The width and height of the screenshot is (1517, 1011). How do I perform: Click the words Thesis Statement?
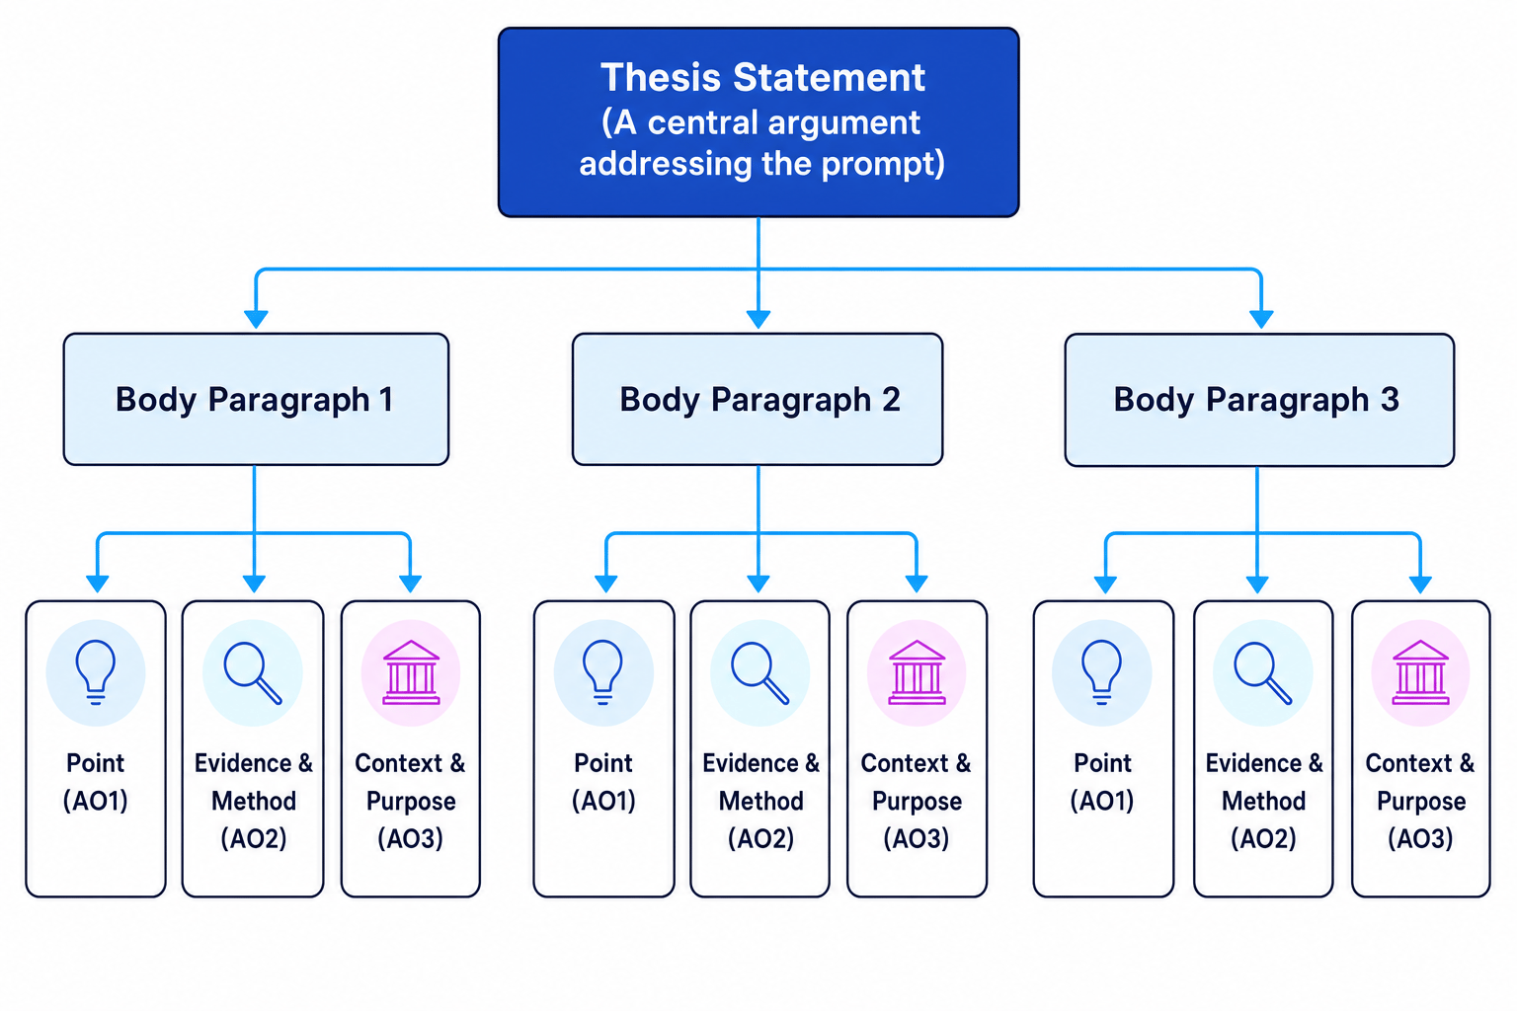pos(762,77)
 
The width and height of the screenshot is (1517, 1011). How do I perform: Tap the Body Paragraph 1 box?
pos(256,399)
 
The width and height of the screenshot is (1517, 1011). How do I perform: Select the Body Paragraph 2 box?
pos(758,399)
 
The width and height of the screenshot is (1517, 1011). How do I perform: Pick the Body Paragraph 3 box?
pos(1259,400)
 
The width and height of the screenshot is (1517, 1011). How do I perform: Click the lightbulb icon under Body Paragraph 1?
pos(96,671)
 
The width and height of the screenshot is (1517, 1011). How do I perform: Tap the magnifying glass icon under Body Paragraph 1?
pos(253,672)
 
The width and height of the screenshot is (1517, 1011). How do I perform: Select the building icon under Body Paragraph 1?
pos(411,671)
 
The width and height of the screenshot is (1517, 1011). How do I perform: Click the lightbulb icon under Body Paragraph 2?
pos(602,671)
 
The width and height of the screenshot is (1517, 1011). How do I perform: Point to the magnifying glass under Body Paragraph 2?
pos(759,672)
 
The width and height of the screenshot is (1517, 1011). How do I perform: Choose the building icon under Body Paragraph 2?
pos(917,671)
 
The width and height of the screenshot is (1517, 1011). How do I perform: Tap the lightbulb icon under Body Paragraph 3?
pos(1102,671)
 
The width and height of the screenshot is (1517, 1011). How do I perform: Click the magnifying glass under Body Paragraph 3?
pos(1263,672)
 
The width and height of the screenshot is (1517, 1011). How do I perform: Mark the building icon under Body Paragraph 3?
pos(1421,671)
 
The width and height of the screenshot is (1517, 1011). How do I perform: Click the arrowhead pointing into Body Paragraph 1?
pos(256,319)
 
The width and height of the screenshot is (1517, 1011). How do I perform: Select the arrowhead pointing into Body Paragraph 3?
pos(1261,319)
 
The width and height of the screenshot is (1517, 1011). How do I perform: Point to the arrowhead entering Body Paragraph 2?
pos(758,319)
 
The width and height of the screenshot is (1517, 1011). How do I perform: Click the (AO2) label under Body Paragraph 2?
pos(760,839)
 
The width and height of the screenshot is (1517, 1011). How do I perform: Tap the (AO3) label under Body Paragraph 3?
pos(1420,839)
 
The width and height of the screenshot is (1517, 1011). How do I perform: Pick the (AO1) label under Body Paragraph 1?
pos(96,801)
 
